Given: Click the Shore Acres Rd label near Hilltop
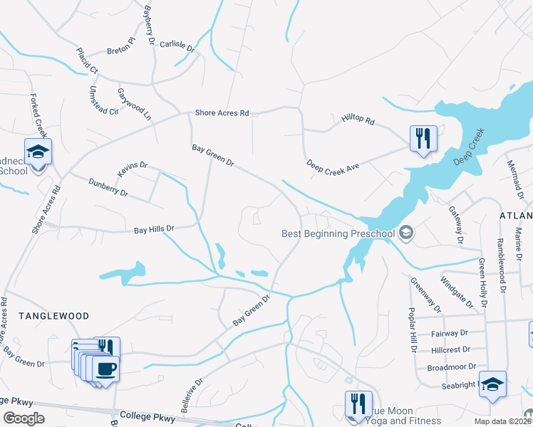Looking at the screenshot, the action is coord(222,113).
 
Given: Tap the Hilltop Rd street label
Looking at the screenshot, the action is coord(357,120).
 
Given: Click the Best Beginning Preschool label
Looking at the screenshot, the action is coord(338,233).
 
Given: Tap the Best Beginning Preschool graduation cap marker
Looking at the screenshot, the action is coord(407,232).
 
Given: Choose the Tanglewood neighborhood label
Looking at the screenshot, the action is coord(53,315).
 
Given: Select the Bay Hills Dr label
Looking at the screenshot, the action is coord(155,229).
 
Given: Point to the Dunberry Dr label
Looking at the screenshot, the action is coord(108,188).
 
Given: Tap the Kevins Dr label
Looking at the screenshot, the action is coord(132,169).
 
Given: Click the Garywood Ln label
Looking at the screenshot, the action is coord(135,104).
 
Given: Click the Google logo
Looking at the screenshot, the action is coord(24,418).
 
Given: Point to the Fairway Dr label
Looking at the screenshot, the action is coord(449,333).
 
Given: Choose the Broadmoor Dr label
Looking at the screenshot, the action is coord(447,368).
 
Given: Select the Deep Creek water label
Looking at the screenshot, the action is coord(472,146).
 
